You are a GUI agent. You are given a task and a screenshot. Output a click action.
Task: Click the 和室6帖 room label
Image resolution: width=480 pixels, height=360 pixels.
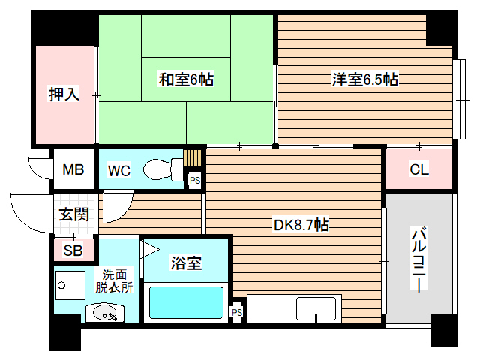185,79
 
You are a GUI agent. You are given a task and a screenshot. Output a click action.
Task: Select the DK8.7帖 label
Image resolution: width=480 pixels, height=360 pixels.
300,224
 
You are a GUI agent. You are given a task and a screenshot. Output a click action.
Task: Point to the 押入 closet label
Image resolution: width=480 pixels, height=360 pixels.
64,96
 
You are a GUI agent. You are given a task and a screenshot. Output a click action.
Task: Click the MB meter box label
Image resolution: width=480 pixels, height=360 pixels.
73,170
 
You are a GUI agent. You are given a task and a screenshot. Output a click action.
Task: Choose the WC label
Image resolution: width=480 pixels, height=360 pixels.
118,170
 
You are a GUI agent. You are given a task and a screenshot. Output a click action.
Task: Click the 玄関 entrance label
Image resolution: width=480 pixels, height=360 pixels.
74,214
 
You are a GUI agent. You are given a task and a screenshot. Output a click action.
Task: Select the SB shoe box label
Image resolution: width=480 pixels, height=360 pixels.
73,250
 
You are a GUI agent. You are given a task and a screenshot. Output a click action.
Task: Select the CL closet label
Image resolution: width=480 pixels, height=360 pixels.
418,169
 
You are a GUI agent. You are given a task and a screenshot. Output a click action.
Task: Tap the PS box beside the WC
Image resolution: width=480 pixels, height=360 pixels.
194,180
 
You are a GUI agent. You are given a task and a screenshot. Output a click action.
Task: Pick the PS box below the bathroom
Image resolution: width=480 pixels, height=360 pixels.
237,312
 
